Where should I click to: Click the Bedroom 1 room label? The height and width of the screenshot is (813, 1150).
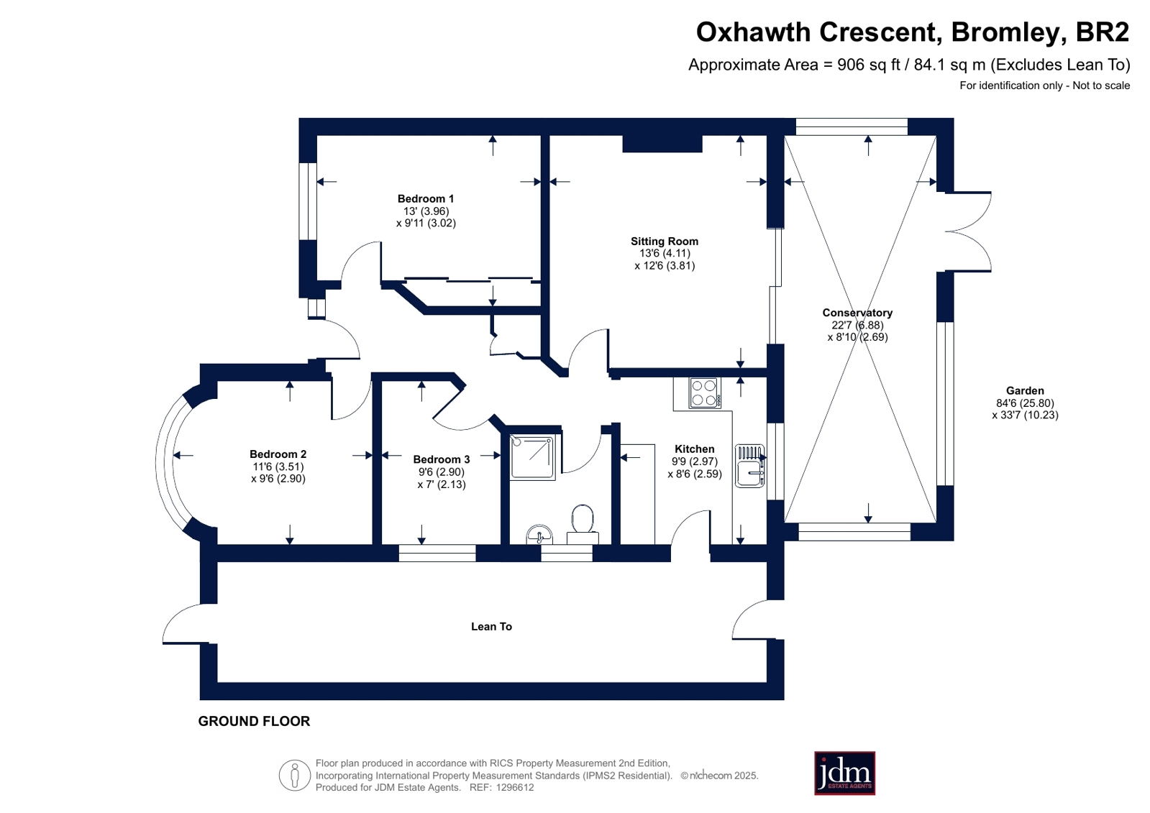(x=426, y=198)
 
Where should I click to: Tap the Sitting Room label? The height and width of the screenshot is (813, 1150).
(x=665, y=242)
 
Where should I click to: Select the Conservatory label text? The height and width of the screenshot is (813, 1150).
(x=857, y=313)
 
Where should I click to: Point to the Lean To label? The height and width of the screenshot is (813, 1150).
(x=491, y=626)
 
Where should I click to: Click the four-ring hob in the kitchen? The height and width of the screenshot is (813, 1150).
(x=704, y=392)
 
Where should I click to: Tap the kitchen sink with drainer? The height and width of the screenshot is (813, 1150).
(x=750, y=466)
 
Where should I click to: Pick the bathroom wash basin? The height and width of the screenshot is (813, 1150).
(x=539, y=535)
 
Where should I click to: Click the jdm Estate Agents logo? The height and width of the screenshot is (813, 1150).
(x=844, y=773)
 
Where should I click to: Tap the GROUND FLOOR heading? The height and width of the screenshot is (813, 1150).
(x=254, y=721)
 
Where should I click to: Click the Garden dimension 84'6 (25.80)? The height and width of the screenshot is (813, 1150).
(x=1025, y=403)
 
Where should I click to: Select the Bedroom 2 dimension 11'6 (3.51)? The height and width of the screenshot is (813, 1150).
(x=278, y=467)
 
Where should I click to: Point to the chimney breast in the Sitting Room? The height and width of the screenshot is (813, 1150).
(x=662, y=144)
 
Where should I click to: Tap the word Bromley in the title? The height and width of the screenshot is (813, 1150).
(x=1005, y=32)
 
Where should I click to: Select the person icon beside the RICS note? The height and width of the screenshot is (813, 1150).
(x=295, y=775)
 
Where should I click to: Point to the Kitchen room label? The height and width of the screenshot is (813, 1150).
(x=694, y=449)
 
